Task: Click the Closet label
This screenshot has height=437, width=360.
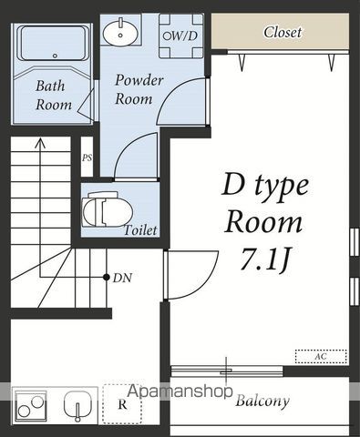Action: point(283,32)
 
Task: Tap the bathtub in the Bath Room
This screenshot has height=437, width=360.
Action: point(54,44)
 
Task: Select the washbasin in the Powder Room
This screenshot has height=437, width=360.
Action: point(120,32)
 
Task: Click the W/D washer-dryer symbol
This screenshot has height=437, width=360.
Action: point(180,36)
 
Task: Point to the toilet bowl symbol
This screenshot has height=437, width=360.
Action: point(108,209)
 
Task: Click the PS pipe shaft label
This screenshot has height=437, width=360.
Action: point(87,158)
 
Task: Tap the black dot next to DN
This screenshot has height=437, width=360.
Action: point(107,277)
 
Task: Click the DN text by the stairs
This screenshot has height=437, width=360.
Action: point(122,278)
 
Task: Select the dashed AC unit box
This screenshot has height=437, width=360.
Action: point(321,356)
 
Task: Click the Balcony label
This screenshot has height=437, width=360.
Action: point(262,401)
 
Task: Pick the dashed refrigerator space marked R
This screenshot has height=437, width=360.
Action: point(122,404)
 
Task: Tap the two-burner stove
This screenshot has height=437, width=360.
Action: point(31,405)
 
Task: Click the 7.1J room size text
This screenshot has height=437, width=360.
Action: point(264,259)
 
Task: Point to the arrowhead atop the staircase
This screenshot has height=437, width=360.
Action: point(39,143)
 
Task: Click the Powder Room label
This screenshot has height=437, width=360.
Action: point(139,89)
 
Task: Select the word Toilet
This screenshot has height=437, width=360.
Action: point(140,230)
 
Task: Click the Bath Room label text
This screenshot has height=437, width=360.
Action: point(54,95)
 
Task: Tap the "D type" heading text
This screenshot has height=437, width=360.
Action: point(265,186)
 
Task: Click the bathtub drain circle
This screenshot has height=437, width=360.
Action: point(55,56)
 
